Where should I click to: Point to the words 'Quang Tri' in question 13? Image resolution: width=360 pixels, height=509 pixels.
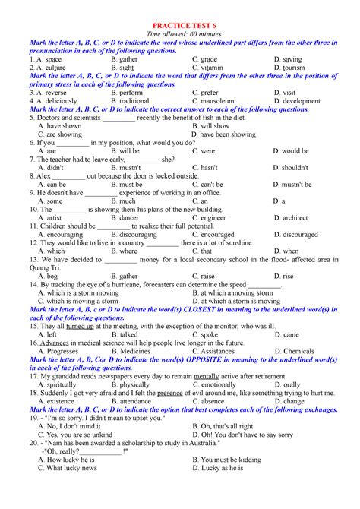tap(45, 267)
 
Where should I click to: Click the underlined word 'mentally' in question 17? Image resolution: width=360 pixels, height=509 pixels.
tap(207, 376)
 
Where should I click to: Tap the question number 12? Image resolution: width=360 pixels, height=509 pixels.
tap(34, 243)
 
